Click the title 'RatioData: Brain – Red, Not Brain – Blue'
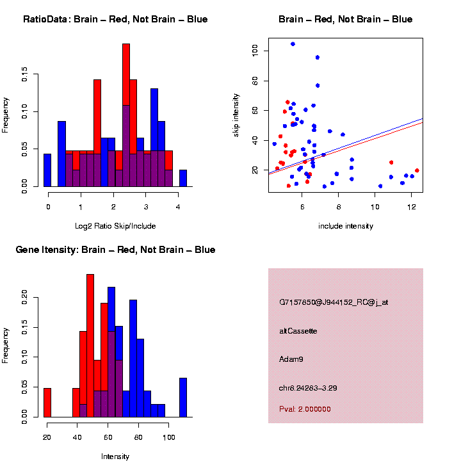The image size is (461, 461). click(115, 19)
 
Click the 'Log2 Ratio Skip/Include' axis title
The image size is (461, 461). click(115, 226)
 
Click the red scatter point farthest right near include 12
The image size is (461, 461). click(417, 170)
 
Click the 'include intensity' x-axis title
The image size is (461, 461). click(346, 226)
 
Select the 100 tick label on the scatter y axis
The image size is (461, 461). click(255, 51)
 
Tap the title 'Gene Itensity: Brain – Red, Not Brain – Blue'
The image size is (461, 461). click(115, 250)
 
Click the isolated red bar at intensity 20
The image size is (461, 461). click(47, 403)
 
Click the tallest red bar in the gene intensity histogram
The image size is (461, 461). click(90, 346)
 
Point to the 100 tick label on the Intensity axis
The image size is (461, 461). click(168, 437)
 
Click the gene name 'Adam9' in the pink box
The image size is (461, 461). click(291, 359)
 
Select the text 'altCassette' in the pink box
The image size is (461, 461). click(298, 331)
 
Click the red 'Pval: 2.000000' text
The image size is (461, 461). click(305, 409)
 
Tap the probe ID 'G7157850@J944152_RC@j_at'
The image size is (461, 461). click(334, 302)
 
